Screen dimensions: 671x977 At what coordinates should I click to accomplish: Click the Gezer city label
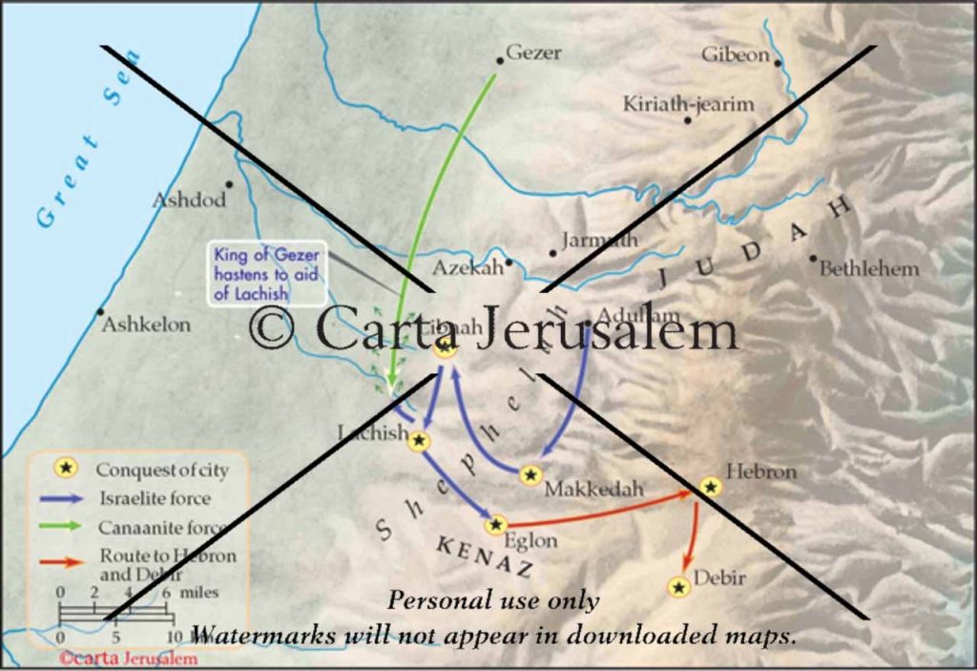click(x=533, y=53)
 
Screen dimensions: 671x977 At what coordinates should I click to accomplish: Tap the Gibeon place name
click(x=736, y=54)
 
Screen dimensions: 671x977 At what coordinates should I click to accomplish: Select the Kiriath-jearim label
click(x=688, y=104)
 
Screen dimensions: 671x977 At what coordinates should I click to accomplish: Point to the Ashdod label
click(x=189, y=200)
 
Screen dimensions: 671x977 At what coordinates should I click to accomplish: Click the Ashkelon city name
click(x=146, y=325)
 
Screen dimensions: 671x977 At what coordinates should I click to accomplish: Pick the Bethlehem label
click(x=869, y=268)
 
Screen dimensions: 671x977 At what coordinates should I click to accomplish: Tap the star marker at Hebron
click(x=710, y=487)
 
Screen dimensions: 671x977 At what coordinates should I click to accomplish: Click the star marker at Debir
click(x=679, y=587)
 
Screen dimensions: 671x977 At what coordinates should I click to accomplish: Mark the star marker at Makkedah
click(x=531, y=474)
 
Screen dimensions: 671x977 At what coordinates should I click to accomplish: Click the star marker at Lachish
click(x=420, y=440)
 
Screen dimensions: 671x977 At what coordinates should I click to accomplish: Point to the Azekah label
click(x=467, y=268)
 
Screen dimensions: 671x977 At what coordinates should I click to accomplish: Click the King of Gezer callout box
click(x=266, y=274)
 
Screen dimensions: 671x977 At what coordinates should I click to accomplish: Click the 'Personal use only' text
click(x=493, y=601)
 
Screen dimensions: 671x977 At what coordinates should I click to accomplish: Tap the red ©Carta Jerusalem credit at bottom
click(x=128, y=658)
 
